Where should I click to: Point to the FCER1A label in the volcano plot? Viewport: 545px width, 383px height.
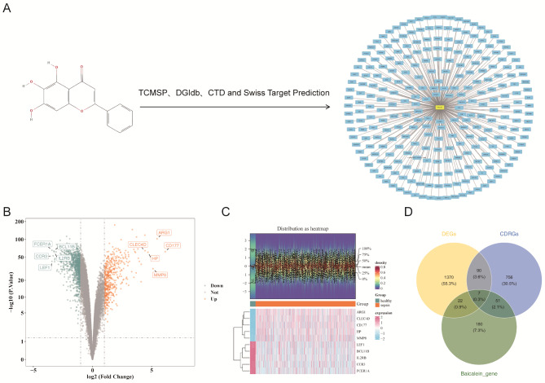pyautogui.click(x=42, y=244)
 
